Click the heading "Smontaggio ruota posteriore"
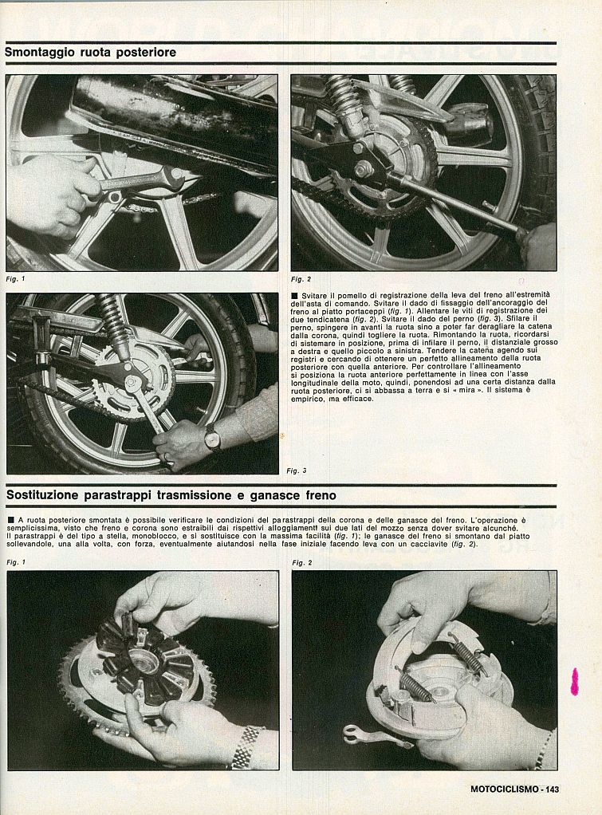(x=90, y=53)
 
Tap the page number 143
(x=549, y=789)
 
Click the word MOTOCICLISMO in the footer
(x=502, y=789)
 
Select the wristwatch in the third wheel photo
(x=211, y=436)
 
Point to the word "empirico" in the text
(x=313, y=399)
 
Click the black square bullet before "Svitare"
(x=296, y=295)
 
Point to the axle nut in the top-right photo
(x=364, y=169)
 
